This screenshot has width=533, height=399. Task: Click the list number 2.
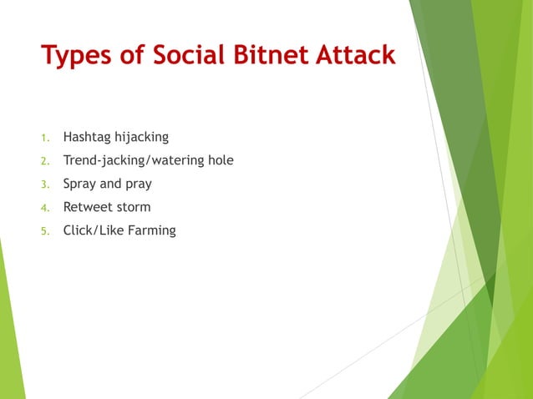tap(46, 161)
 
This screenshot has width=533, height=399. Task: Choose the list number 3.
tap(46, 184)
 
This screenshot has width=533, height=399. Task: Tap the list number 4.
tap(46, 208)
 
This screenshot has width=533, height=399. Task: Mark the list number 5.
tap(46, 231)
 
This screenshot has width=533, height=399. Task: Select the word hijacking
tap(142, 137)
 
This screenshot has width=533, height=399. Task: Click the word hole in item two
tap(222, 159)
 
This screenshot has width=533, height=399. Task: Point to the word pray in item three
tap(139, 184)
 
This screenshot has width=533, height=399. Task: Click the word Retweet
tap(88, 207)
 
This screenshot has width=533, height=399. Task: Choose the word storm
tap(134, 207)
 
